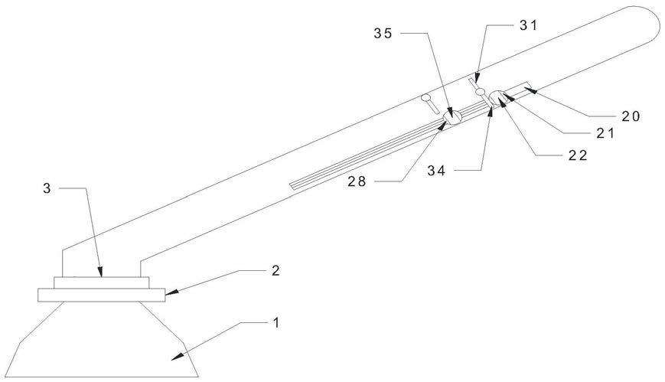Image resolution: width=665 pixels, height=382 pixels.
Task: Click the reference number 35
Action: coord(383,34)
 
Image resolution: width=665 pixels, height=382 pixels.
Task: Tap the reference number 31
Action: coord(529,25)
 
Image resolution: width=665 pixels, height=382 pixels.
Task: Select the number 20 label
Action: coord(631,116)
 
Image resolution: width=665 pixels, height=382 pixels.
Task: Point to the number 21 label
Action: coord(605,134)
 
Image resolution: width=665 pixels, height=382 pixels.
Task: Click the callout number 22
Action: coord(578,155)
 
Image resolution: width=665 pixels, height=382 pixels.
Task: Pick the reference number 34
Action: coord(436,171)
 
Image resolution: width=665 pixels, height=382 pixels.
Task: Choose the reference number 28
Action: coord(357,181)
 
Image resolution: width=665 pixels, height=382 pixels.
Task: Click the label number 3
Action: coord(47,188)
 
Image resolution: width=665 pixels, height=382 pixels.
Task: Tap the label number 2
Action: coord(275,270)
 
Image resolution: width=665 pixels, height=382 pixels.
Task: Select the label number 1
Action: coord(276,322)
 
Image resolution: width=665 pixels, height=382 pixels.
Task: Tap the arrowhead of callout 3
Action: coord(100,272)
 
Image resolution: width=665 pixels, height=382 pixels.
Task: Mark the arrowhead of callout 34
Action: coord(491,112)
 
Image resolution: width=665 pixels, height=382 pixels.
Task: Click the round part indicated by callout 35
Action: coord(452,116)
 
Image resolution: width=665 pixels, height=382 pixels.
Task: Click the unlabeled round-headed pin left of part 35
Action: coord(430,103)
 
